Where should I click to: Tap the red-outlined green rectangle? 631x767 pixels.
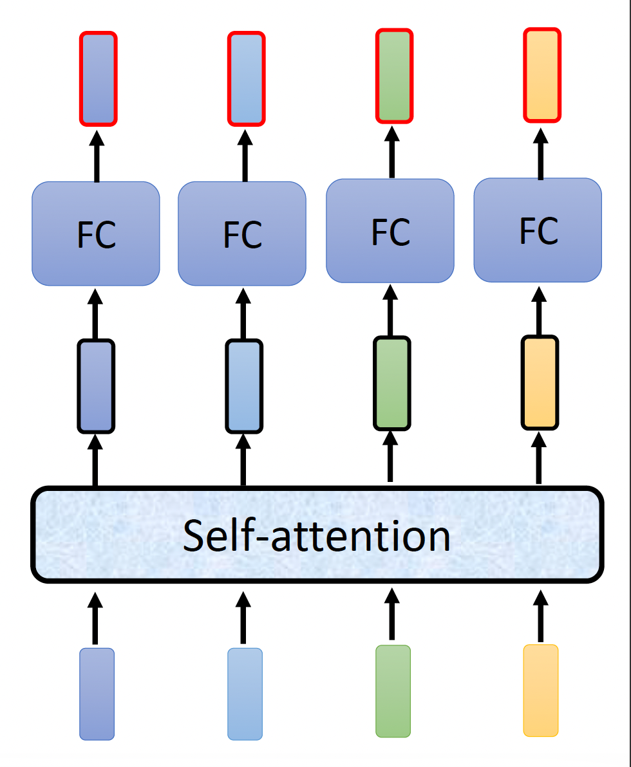[394, 76]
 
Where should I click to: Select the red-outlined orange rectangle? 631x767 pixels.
[542, 75]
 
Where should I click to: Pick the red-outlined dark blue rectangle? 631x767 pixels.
[98, 79]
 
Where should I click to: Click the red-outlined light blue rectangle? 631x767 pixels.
[246, 79]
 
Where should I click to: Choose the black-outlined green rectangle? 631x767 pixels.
[391, 382]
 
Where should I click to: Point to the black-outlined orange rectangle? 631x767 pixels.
[540, 382]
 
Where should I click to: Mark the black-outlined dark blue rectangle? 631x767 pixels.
[96, 385]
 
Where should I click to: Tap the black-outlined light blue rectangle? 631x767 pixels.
[244, 385]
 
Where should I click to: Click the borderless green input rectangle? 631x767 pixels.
[393, 690]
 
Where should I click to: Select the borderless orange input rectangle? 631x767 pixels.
[540, 690]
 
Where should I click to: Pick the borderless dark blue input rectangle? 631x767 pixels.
[97, 694]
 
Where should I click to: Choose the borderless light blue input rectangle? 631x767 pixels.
[245, 694]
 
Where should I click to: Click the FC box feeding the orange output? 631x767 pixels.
[538, 230]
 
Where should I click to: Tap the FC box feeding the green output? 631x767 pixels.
[390, 230]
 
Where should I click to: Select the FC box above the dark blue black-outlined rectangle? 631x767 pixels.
[96, 234]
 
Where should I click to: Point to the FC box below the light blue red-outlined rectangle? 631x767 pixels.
[242, 234]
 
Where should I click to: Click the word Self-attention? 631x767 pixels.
[316, 535]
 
